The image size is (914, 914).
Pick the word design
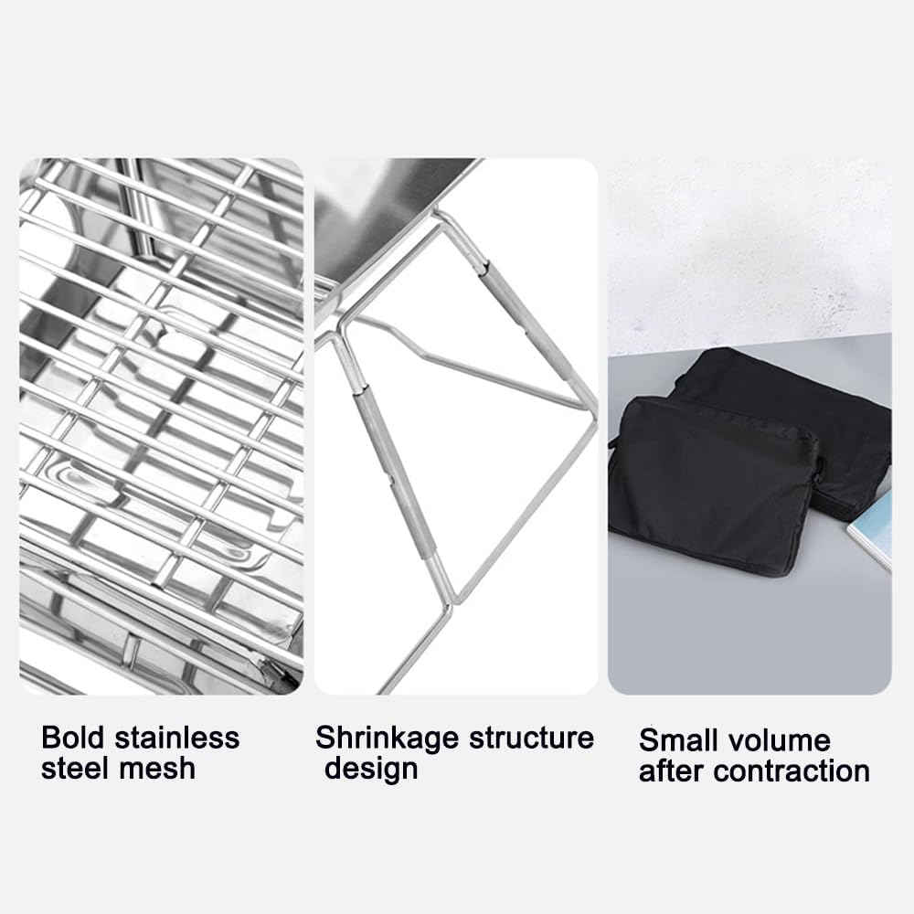tap(371, 768)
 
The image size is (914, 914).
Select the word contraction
tap(792, 771)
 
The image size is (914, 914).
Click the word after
tap(673, 771)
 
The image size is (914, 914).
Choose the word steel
tap(76, 768)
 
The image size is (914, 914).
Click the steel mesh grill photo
tap(161, 426)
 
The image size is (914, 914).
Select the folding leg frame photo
tap(455, 426)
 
